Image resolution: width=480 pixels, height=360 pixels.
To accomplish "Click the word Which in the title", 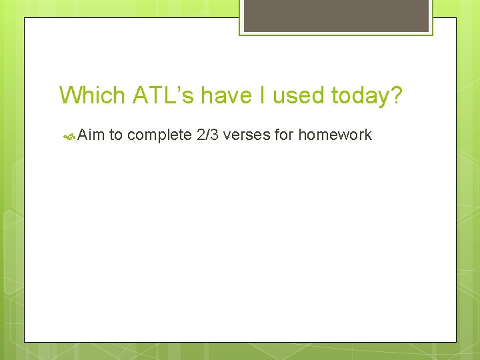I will coord(92,95).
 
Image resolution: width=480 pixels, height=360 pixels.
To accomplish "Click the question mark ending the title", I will coord(397,95).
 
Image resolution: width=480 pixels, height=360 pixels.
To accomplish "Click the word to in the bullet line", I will coord(115,135).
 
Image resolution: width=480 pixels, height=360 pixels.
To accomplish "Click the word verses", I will coord(248,135).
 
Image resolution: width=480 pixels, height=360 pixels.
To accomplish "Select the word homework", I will coord(335,135).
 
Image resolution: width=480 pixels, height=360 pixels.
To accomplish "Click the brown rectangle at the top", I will coord(336,15).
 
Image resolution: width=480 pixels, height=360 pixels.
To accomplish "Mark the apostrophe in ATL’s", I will coord(177,89).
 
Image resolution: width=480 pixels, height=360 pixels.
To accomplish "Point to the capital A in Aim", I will coord(82,135).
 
